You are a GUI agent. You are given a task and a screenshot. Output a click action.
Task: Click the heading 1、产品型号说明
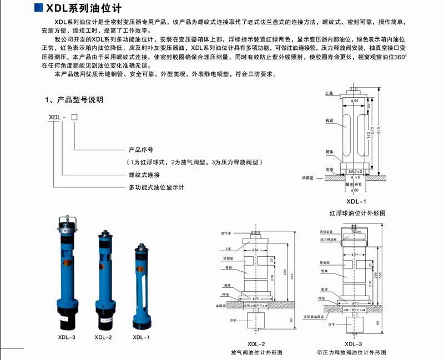coord(74,100)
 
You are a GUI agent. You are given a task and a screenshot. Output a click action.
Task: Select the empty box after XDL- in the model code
coord(74,117)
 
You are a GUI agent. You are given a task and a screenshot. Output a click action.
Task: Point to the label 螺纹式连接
coord(144,174)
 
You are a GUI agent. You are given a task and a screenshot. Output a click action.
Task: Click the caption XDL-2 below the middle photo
coord(103,337)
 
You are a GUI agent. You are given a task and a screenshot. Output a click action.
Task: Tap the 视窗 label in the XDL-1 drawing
coord(330,119)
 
